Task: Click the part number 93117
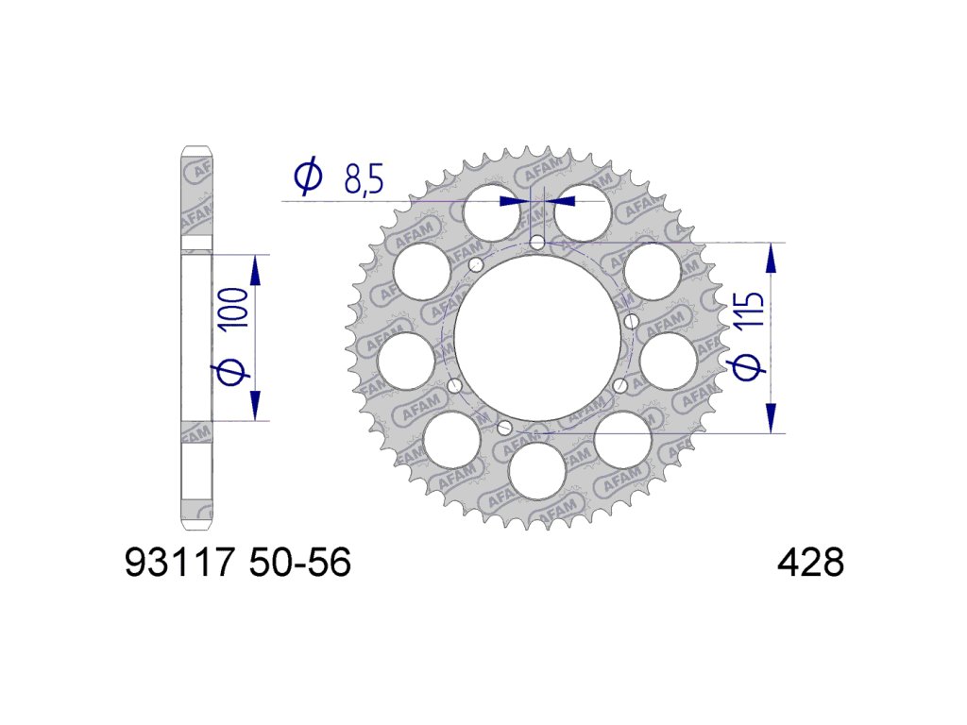pos(180,563)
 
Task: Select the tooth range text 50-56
pos(301,563)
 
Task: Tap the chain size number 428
pos(810,563)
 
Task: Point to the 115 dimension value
pos(749,310)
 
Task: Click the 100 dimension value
pos(233,307)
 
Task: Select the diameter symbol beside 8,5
pos(309,176)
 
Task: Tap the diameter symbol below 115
pos(748,366)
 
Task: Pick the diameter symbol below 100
pos(233,372)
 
